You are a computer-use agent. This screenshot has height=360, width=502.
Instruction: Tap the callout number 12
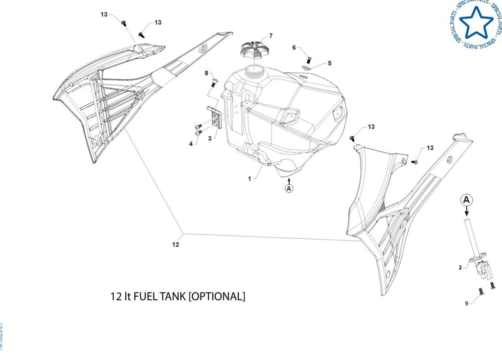pos(176,245)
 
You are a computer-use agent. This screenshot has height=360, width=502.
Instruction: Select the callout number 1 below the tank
pos(249,179)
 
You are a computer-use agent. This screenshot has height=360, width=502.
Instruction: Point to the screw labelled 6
pos(309,60)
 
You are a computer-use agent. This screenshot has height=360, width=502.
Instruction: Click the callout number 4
pos(191,144)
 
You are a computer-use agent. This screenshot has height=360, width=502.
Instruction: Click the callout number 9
pos(467,303)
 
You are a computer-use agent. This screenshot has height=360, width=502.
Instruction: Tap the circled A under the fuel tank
pos(289,188)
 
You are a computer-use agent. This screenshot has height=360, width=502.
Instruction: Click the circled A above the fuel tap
pos(466,200)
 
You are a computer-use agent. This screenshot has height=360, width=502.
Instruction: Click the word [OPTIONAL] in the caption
pos(217,296)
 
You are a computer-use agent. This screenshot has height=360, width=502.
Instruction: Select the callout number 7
pos(271,36)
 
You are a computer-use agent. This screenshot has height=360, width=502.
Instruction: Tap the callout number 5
pos(330,63)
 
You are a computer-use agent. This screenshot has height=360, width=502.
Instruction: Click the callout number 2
pos(460,268)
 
